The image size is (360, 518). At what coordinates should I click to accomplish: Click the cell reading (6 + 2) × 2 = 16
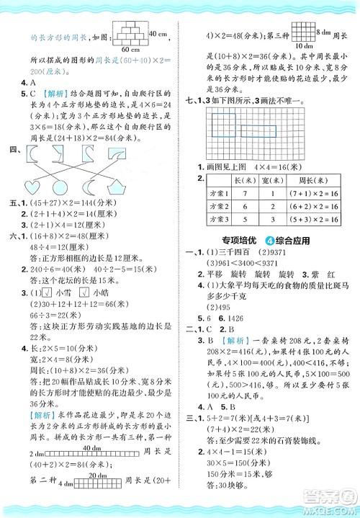click(308, 206)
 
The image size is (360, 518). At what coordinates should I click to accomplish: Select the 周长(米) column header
click(308, 179)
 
